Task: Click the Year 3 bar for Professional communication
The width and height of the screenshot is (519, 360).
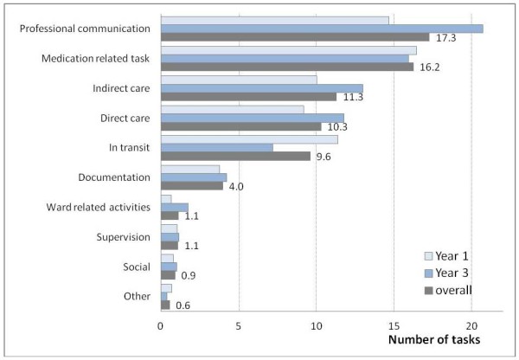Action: [x=322, y=29]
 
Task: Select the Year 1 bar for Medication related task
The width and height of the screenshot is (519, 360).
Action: [x=288, y=50]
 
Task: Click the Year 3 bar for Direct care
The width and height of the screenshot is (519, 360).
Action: [x=252, y=118]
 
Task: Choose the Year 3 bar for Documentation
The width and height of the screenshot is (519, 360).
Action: [x=193, y=177]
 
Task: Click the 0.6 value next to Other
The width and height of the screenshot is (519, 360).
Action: [x=183, y=306]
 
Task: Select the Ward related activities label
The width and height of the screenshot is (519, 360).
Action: [x=98, y=207]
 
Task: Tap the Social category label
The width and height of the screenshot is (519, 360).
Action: [x=136, y=267]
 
